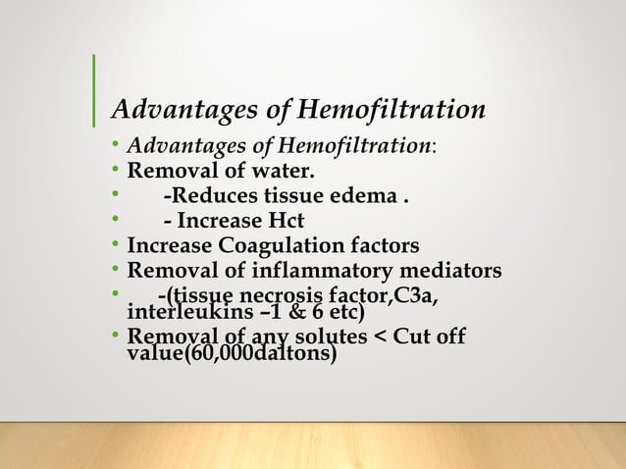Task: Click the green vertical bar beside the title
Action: click(93, 91)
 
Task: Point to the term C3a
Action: click(416, 294)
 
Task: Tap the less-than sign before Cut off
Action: click(383, 338)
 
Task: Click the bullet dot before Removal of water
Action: click(116, 173)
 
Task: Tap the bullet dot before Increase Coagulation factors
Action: click(116, 244)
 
